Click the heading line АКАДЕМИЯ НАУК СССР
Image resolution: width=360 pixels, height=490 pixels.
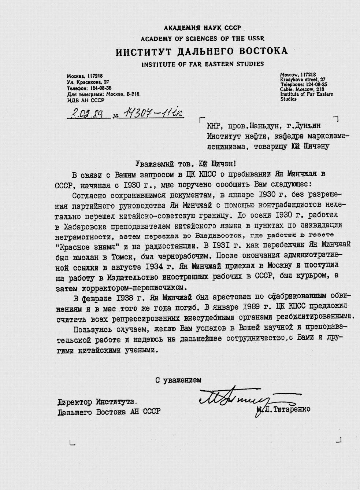pos(202,28)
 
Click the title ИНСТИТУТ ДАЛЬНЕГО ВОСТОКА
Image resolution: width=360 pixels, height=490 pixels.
pos(202,51)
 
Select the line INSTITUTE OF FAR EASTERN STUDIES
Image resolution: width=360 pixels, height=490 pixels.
pos(203,64)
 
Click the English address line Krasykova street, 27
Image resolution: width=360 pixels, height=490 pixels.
pos(303,79)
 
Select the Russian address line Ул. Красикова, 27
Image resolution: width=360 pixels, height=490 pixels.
pos(88,82)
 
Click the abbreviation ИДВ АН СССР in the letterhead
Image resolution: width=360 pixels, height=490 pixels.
pos(85,100)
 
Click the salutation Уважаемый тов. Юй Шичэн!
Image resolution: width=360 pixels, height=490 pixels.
pos(187,164)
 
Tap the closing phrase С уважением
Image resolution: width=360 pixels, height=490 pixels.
pos(178,380)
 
